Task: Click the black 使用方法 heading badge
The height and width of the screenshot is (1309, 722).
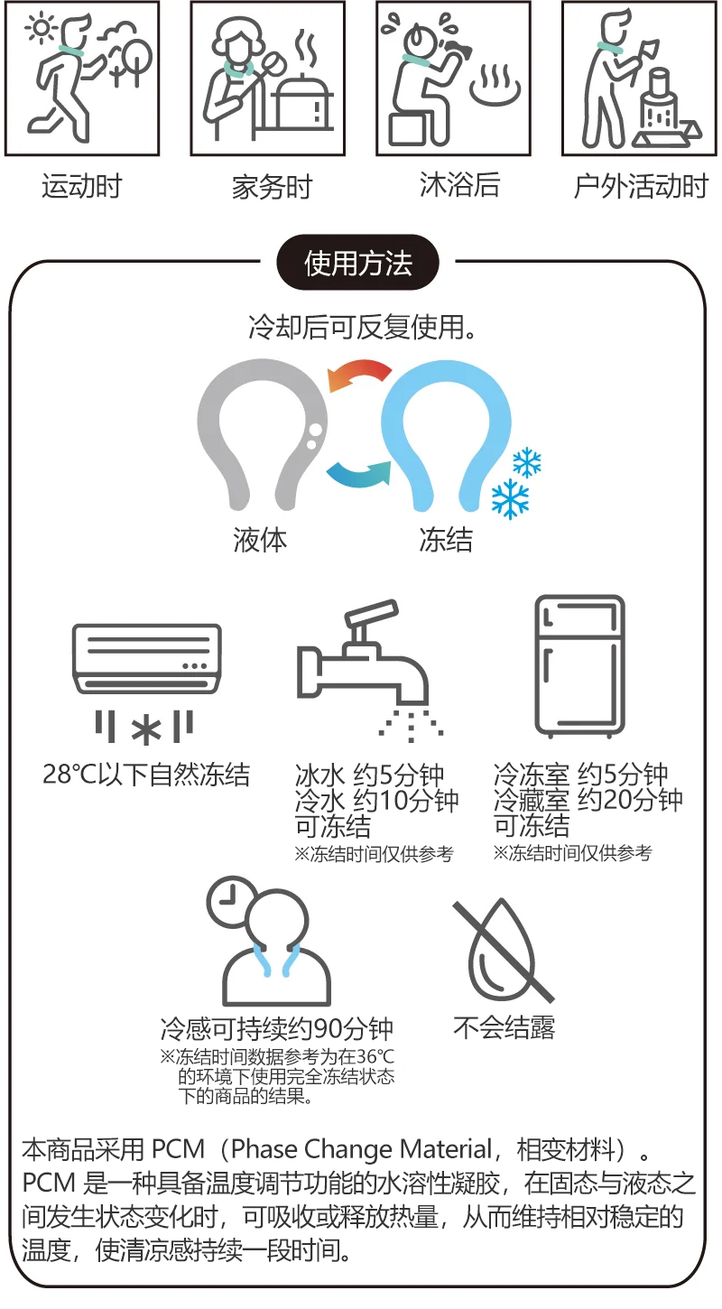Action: click(357, 263)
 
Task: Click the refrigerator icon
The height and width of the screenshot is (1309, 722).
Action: click(580, 666)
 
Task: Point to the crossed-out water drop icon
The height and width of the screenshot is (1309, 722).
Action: click(503, 952)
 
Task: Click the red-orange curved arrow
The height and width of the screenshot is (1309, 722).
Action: click(358, 375)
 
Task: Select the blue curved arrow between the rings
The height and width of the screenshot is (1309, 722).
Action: click(358, 474)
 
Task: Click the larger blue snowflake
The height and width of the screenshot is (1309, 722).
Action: click(510, 499)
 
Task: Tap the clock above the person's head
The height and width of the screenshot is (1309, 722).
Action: click(230, 901)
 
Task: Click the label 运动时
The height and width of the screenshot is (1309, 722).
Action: click(82, 186)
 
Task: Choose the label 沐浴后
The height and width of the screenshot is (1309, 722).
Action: click(459, 185)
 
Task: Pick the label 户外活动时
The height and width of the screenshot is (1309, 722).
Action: click(641, 186)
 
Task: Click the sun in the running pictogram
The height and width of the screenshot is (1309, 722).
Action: click(41, 29)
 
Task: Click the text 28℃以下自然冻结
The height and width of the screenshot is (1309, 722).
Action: click(146, 775)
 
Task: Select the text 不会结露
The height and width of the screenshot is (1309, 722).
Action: click(504, 1028)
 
